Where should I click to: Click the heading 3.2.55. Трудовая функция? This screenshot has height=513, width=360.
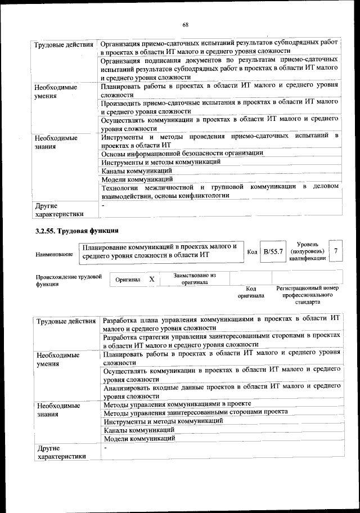point(76,231)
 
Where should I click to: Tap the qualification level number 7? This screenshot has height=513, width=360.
point(336,250)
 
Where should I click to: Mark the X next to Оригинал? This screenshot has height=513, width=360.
point(151,279)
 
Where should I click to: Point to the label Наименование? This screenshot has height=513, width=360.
point(54,255)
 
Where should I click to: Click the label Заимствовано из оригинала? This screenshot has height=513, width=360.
point(194,279)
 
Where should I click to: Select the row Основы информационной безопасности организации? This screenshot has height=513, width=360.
point(182,153)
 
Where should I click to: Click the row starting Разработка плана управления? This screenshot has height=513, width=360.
point(221,323)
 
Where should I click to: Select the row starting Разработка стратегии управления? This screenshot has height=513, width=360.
point(221,340)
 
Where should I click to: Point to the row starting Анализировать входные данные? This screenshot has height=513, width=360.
point(221,390)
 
